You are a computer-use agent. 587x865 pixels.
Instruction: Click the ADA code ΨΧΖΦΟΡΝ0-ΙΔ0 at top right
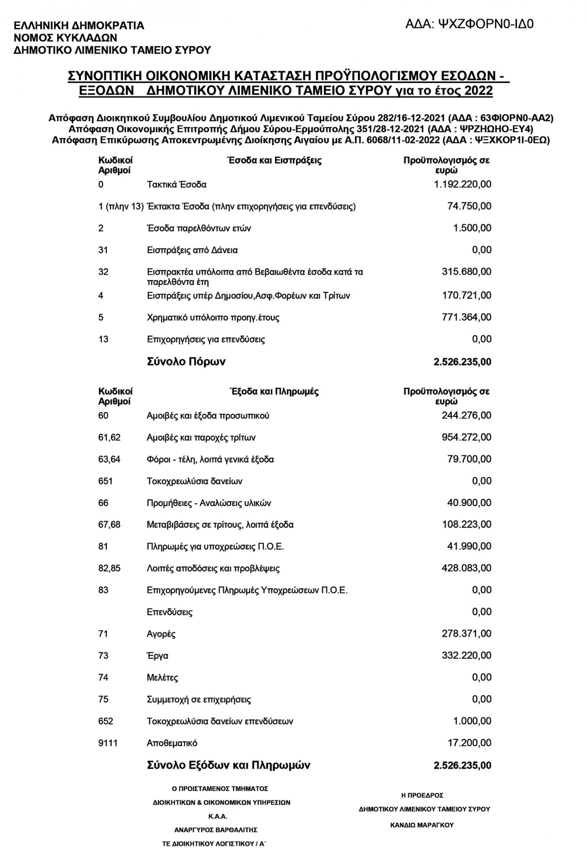pyautogui.click(x=469, y=24)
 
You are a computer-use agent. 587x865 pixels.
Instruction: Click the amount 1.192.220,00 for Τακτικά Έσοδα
pyautogui.click(x=462, y=185)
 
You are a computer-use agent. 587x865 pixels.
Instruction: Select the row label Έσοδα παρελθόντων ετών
pyautogui.click(x=199, y=228)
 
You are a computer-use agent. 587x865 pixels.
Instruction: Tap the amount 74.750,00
pyautogui.click(x=469, y=206)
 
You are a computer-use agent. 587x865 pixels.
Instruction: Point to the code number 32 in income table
pyautogui.click(x=103, y=272)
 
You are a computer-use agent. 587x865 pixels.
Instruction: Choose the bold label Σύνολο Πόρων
pyautogui.click(x=186, y=362)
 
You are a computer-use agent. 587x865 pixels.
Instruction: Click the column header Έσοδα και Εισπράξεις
pyautogui.click(x=274, y=160)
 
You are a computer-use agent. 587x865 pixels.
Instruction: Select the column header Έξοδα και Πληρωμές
pyautogui.click(x=274, y=392)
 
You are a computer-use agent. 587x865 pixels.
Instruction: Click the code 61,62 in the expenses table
pyautogui.click(x=109, y=438)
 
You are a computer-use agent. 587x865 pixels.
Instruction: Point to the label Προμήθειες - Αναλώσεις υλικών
pyautogui.click(x=209, y=503)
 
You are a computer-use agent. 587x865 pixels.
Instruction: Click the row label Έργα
pyautogui.click(x=157, y=656)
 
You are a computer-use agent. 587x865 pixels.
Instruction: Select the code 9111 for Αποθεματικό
pyautogui.click(x=108, y=743)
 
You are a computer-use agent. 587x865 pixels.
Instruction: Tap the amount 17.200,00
pyautogui.click(x=469, y=743)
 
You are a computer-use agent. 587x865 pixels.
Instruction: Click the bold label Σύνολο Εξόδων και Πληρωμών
pyautogui.click(x=228, y=765)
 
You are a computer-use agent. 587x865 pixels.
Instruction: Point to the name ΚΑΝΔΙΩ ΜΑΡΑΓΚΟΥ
pyautogui.click(x=422, y=825)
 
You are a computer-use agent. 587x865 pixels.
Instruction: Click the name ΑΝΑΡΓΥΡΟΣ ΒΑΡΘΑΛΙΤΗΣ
pyautogui.click(x=215, y=830)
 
